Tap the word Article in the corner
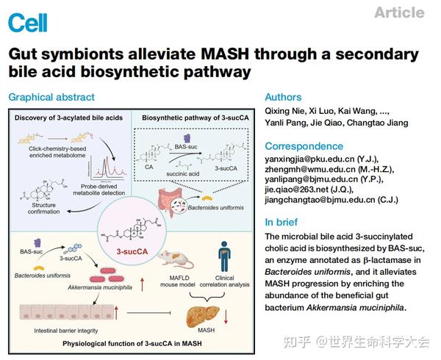398,12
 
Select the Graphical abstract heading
52,97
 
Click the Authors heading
283,97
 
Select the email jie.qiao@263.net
302,188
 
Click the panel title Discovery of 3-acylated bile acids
65,116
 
